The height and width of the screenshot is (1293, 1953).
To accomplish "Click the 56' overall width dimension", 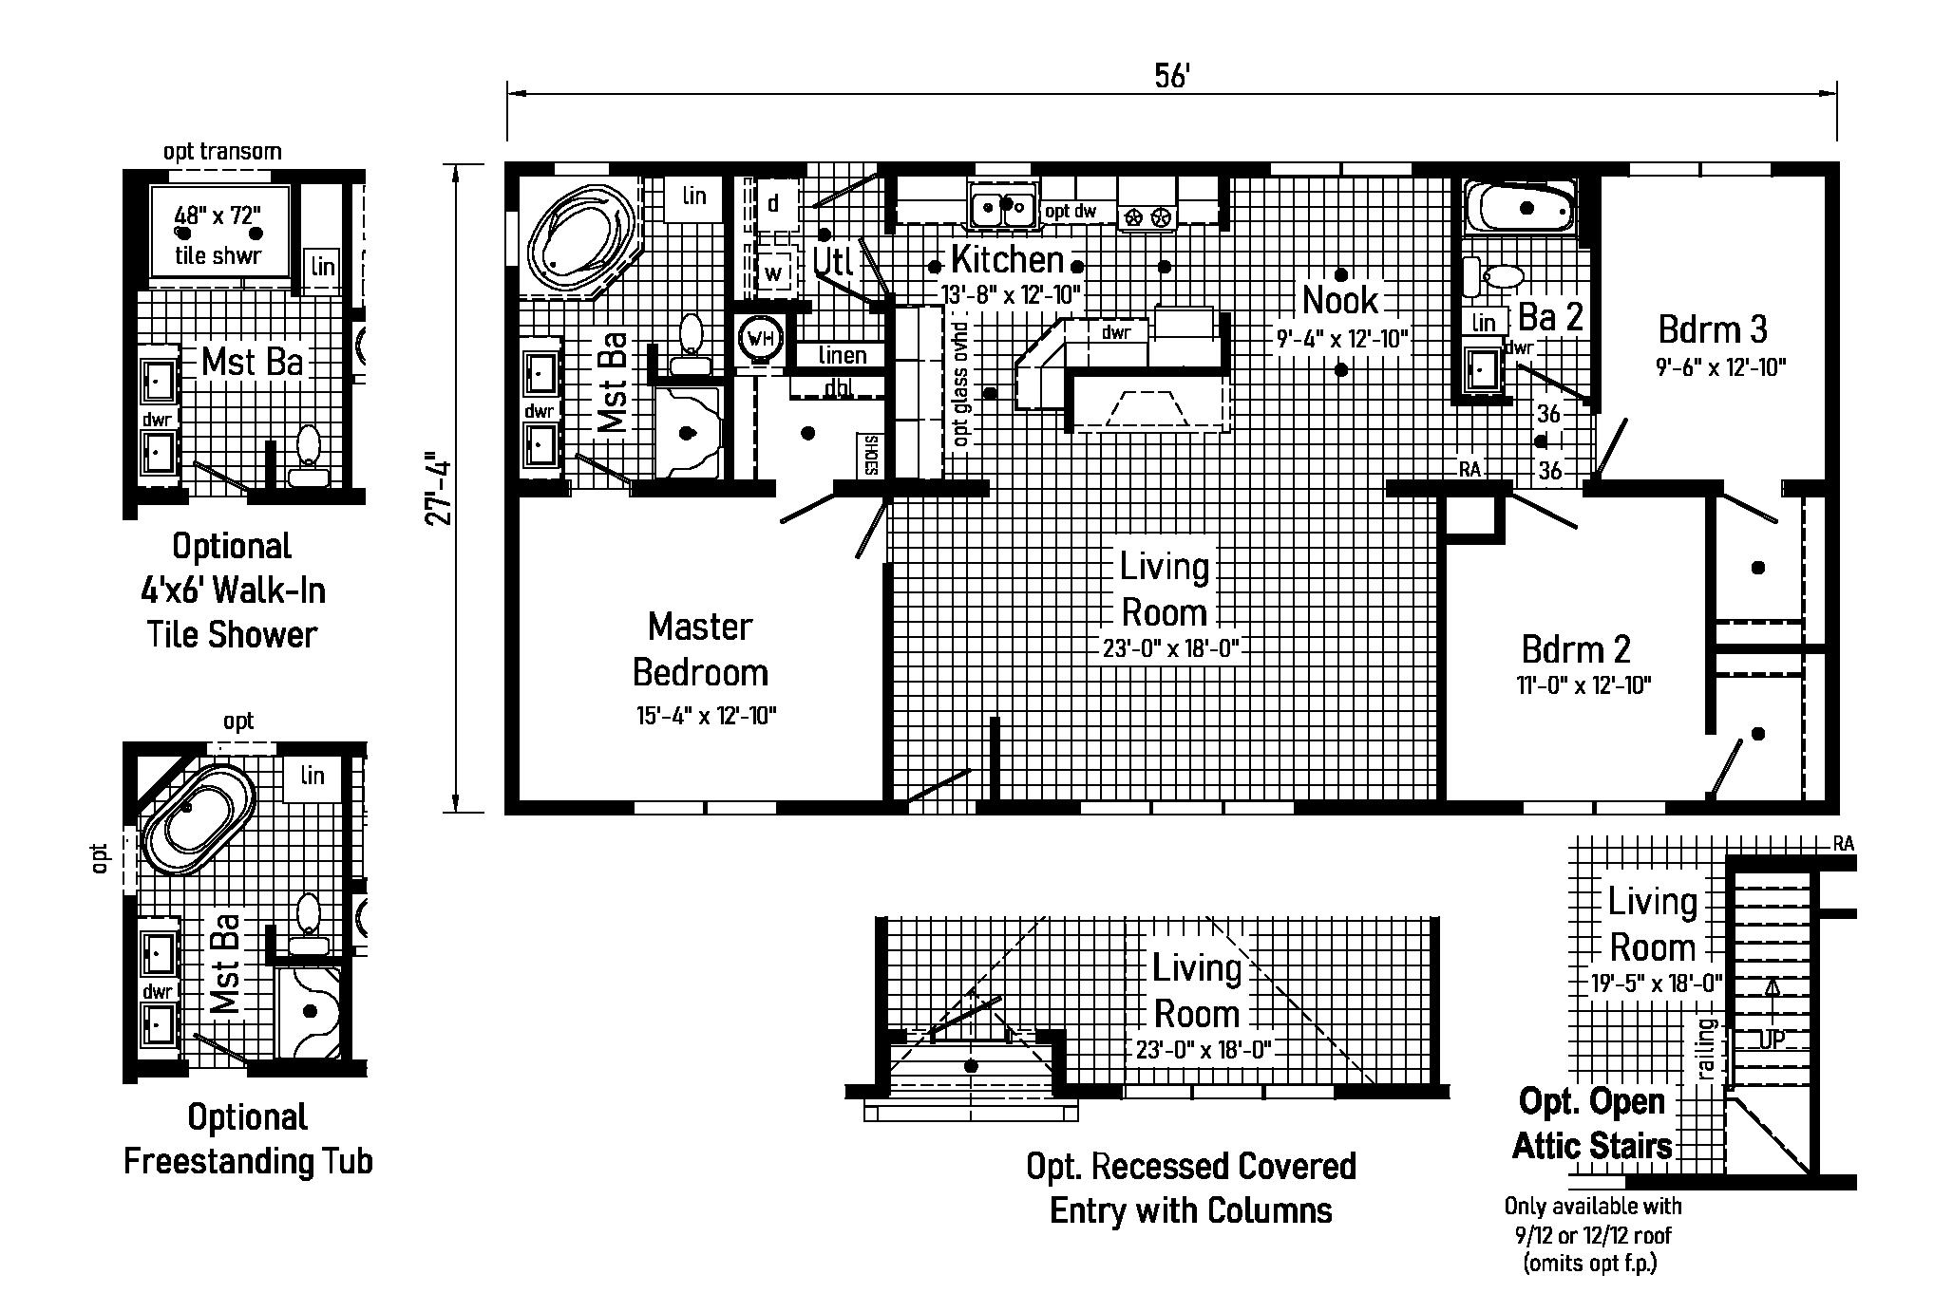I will pos(1171,76).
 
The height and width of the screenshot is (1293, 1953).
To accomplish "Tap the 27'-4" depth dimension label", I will pos(438,487).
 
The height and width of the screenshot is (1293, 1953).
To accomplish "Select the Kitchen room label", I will pos(1007,259).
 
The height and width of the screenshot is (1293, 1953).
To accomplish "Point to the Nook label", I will pos(1339,300).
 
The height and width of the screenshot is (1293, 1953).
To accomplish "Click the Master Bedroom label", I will pos(700,649).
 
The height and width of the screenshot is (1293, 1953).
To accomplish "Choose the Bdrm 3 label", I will pos(1713,329).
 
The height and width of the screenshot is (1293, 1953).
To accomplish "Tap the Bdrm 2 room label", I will pos(1576,649).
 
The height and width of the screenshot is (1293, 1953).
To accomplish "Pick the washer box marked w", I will pos(775,273).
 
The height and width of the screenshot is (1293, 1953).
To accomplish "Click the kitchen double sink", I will pos(1002,205).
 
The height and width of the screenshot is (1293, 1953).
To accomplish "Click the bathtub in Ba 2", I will pos(1520,208).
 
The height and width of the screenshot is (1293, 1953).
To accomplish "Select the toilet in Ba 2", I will pos(1496,277).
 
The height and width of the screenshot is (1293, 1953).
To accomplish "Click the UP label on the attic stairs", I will pos(1772,1040).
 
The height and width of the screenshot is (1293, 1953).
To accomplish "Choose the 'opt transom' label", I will pos(222,151).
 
